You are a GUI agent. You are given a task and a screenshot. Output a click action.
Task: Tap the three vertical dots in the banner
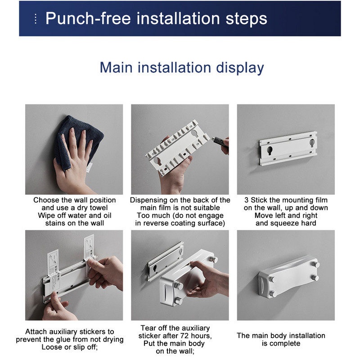click(x=36, y=19)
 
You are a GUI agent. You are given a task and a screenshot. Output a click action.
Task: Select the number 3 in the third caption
click(x=246, y=200)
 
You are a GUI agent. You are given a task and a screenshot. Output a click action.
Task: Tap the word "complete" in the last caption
click(x=285, y=343)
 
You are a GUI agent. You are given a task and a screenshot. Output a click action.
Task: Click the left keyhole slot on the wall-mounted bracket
click(x=270, y=151)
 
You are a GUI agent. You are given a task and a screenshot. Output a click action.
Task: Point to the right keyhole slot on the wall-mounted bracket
click(x=312, y=143)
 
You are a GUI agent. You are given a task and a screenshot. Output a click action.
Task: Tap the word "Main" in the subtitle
click(x=116, y=68)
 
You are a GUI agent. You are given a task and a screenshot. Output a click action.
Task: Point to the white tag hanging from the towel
click(x=90, y=167)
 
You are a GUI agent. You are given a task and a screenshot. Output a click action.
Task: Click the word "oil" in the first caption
click(x=107, y=216)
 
